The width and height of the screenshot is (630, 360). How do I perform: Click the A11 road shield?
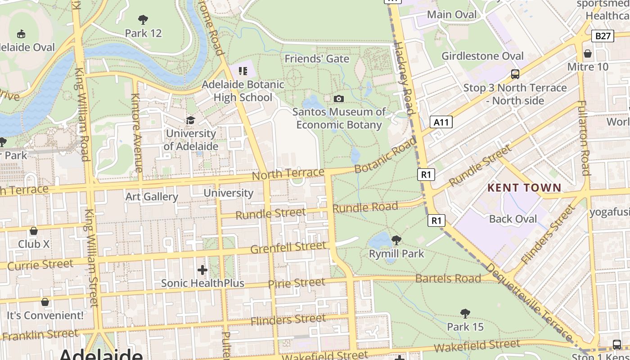(x=441, y=122)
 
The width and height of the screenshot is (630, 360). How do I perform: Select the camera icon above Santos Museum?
(x=338, y=99)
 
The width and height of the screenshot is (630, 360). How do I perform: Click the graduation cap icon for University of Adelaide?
(x=190, y=120)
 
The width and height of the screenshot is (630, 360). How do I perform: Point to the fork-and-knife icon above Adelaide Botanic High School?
(x=243, y=71)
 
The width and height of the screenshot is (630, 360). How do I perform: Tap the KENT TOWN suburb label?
(x=525, y=188)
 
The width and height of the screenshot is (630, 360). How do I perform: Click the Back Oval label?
(x=513, y=219)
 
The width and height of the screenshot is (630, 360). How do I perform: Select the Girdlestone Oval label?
(x=482, y=56)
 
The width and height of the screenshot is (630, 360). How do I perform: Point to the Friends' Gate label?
(x=317, y=59)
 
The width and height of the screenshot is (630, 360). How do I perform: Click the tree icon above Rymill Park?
(x=396, y=240)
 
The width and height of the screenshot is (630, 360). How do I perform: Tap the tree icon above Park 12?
(x=143, y=19)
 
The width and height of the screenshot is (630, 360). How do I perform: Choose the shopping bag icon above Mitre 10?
(x=587, y=54)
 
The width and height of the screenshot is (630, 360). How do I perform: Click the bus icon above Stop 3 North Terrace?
(x=515, y=74)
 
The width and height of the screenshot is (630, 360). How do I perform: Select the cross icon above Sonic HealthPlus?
(x=202, y=270)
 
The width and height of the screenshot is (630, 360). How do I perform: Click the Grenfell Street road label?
(x=288, y=247)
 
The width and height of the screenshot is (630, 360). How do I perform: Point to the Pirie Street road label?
(x=296, y=283)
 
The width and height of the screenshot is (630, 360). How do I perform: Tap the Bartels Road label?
(x=448, y=279)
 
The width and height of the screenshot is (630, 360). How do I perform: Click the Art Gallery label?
(x=152, y=197)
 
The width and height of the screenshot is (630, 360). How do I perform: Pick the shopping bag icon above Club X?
(x=33, y=231)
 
